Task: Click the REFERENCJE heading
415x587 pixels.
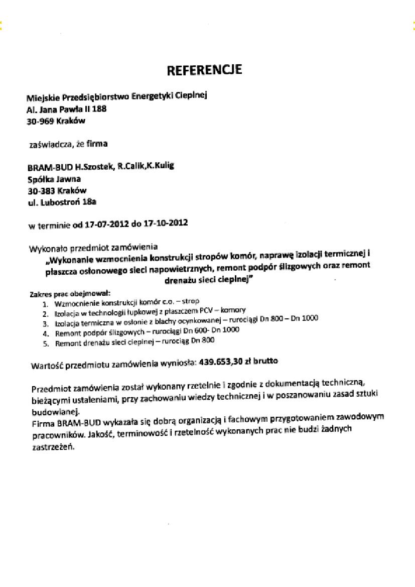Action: (204, 70)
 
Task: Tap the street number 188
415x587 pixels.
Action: (99, 108)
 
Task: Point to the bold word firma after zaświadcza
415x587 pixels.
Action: (97, 144)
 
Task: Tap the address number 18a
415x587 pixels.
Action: (89, 202)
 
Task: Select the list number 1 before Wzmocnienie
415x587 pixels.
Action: (45, 304)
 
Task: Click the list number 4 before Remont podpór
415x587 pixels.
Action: (45, 333)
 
